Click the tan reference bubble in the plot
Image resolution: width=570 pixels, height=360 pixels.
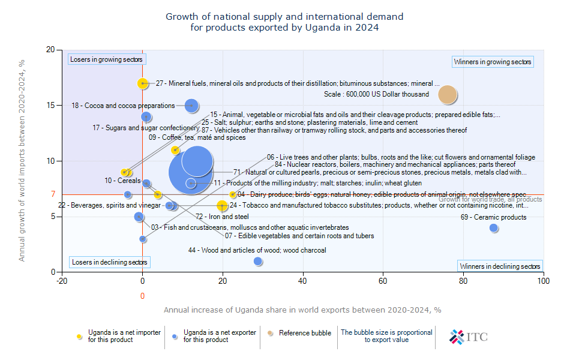[448, 94]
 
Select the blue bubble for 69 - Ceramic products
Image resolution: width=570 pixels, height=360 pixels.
[494, 228]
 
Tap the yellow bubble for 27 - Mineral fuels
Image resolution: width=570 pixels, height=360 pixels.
[142, 83]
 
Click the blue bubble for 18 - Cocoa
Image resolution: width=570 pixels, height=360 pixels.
[191, 106]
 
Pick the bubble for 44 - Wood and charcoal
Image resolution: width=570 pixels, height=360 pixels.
[258, 261]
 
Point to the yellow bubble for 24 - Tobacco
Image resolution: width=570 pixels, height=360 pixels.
[223, 205]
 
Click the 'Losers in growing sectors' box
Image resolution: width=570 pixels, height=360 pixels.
[106, 59]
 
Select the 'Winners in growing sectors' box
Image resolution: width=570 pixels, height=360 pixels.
[493, 62]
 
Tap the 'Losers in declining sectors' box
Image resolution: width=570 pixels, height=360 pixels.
[109, 262]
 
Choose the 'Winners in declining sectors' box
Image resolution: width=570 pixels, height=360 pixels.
[500, 266]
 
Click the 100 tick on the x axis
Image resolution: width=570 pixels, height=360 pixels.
[543, 280]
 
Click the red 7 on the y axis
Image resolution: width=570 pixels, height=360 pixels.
[53, 194]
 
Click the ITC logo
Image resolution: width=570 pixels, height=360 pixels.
[469, 337]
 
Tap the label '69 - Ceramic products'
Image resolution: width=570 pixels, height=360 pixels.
[493, 217]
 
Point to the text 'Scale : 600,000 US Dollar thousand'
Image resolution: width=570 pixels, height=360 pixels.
[376, 94]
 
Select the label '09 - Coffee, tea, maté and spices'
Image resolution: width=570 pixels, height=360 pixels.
[197, 137]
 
